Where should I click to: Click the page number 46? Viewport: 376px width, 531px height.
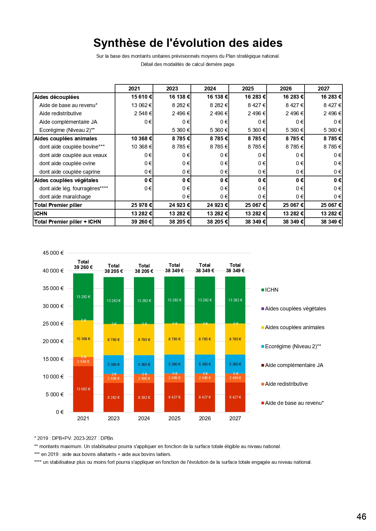[361, 516]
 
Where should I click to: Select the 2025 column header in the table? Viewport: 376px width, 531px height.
[248, 89]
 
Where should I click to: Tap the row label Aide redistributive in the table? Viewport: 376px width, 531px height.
[61, 113]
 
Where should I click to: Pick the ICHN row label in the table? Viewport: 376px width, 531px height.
[41, 214]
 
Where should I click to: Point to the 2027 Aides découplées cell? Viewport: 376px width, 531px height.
[331, 97]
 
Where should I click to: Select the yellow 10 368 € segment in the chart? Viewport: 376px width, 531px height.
[83, 339]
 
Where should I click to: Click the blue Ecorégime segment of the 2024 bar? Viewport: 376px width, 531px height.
[144, 365]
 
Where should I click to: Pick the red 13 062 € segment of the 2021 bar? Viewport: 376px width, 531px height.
[83, 389]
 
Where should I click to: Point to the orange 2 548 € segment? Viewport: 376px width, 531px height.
[83, 362]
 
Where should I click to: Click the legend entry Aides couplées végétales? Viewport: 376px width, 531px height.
[295, 309]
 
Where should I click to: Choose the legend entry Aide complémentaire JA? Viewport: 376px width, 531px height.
[294, 365]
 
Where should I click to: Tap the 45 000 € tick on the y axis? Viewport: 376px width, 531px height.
[53, 253]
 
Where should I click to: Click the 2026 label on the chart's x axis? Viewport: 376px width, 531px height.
[205, 418]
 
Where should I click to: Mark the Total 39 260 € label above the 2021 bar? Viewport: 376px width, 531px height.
[83, 265]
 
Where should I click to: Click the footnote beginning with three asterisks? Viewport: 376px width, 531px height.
[103, 454]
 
